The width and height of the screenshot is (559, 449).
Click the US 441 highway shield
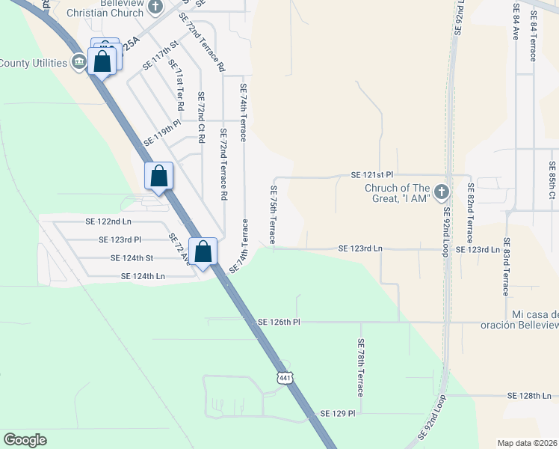click(284, 377)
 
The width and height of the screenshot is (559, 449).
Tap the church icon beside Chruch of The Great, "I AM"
click(441, 192)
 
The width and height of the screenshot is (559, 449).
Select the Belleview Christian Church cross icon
click(155, 7)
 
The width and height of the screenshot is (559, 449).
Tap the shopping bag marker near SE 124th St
click(203, 252)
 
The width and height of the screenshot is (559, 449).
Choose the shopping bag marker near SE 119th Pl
click(158, 177)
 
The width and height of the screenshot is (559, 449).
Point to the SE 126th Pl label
click(278, 322)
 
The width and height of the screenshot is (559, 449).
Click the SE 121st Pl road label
click(372, 174)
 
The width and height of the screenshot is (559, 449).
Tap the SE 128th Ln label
click(533, 395)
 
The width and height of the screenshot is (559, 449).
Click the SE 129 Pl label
click(338, 413)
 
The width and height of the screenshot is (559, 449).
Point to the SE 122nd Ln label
click(108, 222)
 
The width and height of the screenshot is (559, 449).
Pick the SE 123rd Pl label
click(120, 239)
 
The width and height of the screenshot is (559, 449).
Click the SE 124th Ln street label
click(143, 276)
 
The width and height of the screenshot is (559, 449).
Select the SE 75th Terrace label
click(273, 214)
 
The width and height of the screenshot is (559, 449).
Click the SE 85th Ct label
click(552, 180)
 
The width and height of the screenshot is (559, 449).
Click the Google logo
click(25, 440)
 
